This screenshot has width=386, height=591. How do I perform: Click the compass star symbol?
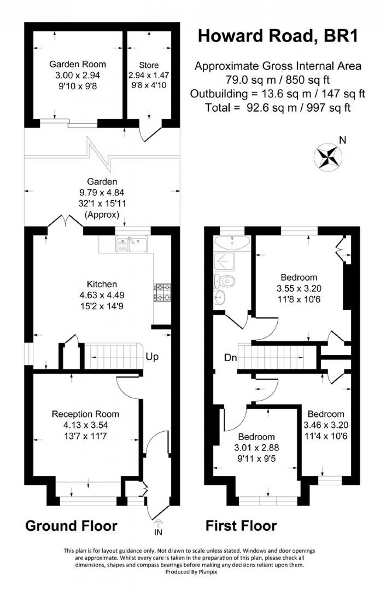328,156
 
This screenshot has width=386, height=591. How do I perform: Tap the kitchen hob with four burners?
162,293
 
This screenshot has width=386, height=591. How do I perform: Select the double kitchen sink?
131,244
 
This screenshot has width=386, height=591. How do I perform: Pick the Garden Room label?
78,64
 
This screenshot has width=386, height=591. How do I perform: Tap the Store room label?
149,65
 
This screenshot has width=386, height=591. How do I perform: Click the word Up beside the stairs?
152,357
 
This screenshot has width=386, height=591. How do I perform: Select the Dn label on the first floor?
230,358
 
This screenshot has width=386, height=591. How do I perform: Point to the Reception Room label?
85,414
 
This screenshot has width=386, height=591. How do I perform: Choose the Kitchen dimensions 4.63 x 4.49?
102,295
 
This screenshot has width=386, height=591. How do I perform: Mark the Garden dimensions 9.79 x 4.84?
102,193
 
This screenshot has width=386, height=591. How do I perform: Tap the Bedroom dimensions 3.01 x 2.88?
256,448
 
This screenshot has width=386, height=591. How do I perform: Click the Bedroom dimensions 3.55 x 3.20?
299,288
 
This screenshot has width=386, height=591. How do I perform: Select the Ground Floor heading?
71,526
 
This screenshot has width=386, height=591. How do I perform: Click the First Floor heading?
241,526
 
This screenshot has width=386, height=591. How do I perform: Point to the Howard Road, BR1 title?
278,36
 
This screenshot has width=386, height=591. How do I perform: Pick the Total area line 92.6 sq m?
278,108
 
